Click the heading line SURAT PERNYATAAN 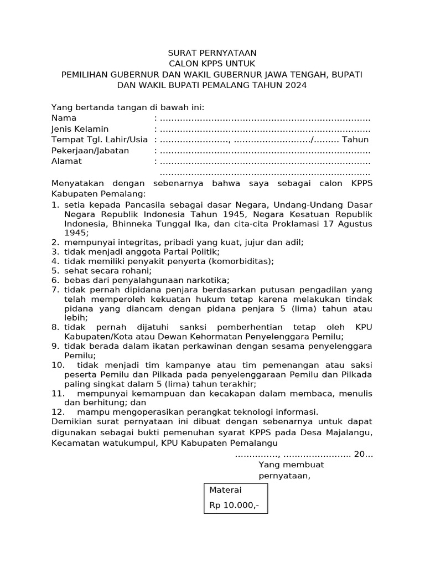212,53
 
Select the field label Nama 64,118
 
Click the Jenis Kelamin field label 80,129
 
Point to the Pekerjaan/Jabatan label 90,151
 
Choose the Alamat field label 66,161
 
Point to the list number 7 55,289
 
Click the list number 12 58,411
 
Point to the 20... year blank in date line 363,454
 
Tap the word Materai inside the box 225,490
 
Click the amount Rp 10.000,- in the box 234,506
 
